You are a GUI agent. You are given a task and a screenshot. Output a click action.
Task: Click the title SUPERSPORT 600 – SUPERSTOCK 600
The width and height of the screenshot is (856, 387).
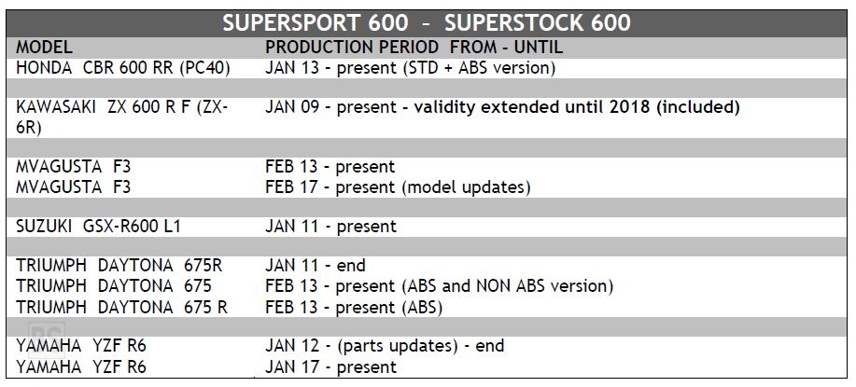coord(427,23)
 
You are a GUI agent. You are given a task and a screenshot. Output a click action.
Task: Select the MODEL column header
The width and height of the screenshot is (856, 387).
coord(44,48)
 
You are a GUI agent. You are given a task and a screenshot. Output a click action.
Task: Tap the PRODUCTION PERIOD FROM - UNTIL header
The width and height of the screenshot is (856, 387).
coord(414,48)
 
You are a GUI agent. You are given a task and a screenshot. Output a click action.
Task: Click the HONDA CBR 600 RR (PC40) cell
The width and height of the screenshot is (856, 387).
coord(123,68)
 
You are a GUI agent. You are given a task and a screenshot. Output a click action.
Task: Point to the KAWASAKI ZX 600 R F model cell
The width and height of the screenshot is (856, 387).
coord(121,117)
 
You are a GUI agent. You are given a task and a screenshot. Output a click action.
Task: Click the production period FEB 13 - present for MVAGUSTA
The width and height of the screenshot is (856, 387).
coord(330,166)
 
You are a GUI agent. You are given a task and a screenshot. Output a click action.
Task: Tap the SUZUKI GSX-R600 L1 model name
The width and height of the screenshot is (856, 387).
coord(98,227)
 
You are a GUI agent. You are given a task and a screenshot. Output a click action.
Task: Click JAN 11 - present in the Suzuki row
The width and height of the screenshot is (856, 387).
coord(330,227)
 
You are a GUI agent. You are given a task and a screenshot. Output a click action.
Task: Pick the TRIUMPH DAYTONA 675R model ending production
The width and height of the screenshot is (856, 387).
coord(119,266)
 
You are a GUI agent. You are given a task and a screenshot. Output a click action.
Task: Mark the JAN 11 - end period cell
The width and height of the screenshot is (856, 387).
coord(315,266)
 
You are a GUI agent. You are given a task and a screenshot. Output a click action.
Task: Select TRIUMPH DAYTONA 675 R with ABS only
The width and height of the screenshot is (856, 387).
coord(121,308)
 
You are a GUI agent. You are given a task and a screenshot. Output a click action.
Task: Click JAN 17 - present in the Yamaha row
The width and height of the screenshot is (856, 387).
coord(330,366)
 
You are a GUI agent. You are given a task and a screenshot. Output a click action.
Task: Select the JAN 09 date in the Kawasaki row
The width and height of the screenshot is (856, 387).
coord(292,107)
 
